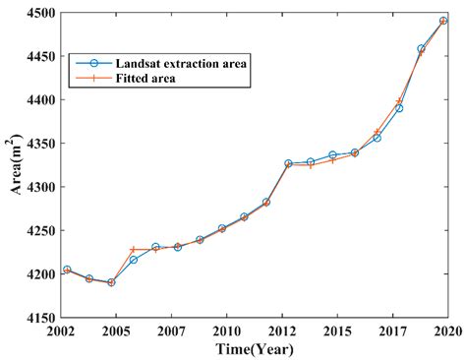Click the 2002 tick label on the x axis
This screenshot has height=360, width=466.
click(62, 332)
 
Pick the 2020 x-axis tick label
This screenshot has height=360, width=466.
click(448, 332)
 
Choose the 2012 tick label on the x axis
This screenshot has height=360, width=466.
click(282, 332)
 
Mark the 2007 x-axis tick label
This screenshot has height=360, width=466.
click(172, 332)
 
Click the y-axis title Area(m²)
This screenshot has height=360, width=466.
click(15, 165)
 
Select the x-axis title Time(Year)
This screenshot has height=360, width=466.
click(255, 350)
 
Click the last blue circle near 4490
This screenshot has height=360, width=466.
click(443, 21)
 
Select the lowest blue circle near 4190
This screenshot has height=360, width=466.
click(112, 282)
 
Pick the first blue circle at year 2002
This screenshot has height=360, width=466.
click(67, 270)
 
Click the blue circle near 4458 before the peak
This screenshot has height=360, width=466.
click(421, 48)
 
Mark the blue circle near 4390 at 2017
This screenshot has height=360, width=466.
click(399, 108)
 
